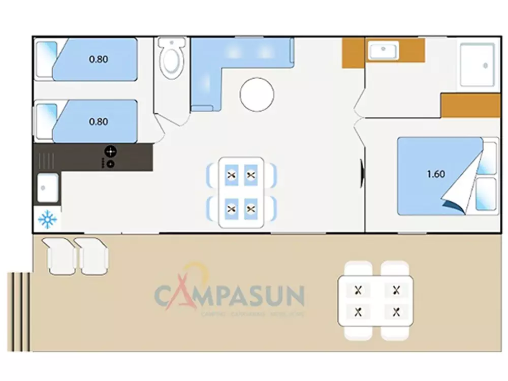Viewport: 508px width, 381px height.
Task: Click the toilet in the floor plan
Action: (x=170, y=59)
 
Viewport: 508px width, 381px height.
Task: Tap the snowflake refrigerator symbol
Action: (x=47, y=220)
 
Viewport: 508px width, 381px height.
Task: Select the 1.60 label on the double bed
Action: (x=435, y=174)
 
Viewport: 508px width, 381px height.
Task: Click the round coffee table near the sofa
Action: (x=257, y=95)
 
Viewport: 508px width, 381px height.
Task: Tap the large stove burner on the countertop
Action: (x=110, y=151)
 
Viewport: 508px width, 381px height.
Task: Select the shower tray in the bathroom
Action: (x=477, y=65)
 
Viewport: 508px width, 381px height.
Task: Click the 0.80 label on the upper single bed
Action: (x=98, y=59)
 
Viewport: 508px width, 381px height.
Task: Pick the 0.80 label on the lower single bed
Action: (x=98, y=122)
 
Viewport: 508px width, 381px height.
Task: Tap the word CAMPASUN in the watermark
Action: (x=229, y=295)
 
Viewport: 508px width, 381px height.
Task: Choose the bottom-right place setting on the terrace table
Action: (x=396, y=311)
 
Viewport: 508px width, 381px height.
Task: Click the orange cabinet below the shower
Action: (x=470, y=106)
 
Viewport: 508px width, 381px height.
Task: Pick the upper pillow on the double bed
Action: (x=488, y=158)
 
